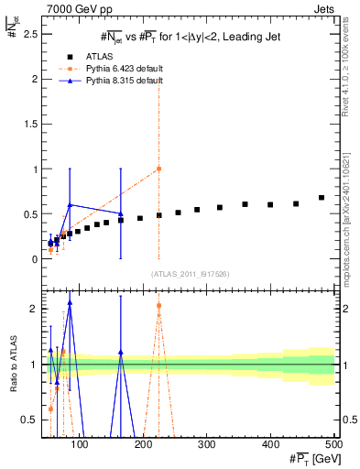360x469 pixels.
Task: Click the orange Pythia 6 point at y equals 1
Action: coord(159,169)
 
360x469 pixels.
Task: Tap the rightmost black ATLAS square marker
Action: coord(322,198)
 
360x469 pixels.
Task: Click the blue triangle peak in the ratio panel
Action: coord(70,303)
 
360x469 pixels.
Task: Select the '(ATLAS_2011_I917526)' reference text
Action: coord(190,274)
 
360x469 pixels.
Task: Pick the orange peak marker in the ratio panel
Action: coord(159,306)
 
